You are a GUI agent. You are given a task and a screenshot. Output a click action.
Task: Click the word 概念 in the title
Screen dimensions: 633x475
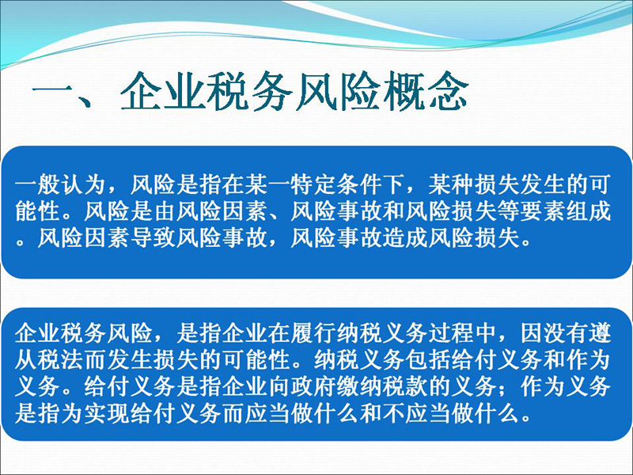pos(425,92)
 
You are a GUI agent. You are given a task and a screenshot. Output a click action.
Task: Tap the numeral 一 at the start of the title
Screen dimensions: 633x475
pos(52,92)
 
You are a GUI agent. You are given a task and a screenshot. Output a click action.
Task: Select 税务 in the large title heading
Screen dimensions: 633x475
pos(249,92)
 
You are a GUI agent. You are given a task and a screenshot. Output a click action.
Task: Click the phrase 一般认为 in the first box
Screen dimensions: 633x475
pos(61,184)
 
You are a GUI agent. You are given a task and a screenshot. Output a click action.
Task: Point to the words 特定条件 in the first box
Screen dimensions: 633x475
pos(335,184)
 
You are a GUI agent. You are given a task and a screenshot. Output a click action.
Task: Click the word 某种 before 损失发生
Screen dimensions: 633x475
pos(450,184)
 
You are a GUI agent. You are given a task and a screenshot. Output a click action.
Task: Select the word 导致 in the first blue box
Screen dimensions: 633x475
pos(153,238)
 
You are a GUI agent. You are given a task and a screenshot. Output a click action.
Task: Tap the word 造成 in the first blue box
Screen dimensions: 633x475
pos(404,238)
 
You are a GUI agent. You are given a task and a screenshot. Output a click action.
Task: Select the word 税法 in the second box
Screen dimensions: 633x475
pos(61,359)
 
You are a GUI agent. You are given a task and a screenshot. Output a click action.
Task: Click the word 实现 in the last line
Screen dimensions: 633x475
pos(107,413)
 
